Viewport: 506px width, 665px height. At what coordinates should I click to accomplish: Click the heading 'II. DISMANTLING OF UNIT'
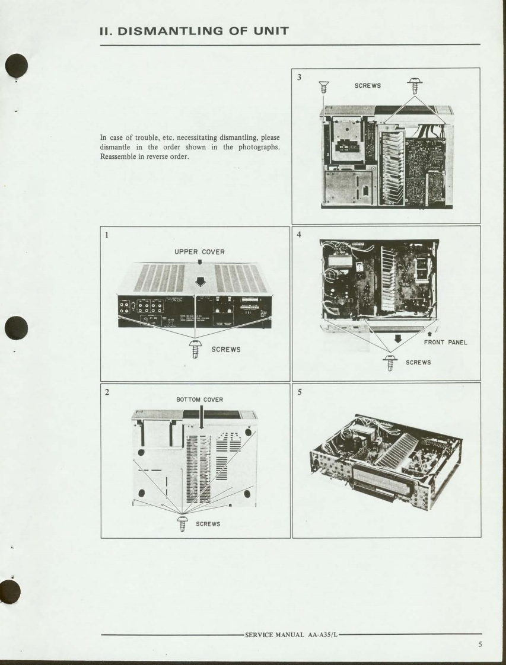pyautogui.click(x=193, y=31)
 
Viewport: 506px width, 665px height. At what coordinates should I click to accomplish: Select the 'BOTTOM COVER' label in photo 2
pyautogui.click(x=199, y=399)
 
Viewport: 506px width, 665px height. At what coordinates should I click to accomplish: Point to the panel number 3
pyautogui.click(x=299, y=76)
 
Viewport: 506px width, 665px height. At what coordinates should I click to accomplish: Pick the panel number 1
pyautogui.click(x=107, y=235)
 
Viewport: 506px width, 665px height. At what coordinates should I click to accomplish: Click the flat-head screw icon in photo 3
pyautogui.click(x=323, y=88)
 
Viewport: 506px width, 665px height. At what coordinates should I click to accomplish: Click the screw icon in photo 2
pyautogui.click(x=182, y=523)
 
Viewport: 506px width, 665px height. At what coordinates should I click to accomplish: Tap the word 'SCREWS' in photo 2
pyautogui.click(x=208, y=524)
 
